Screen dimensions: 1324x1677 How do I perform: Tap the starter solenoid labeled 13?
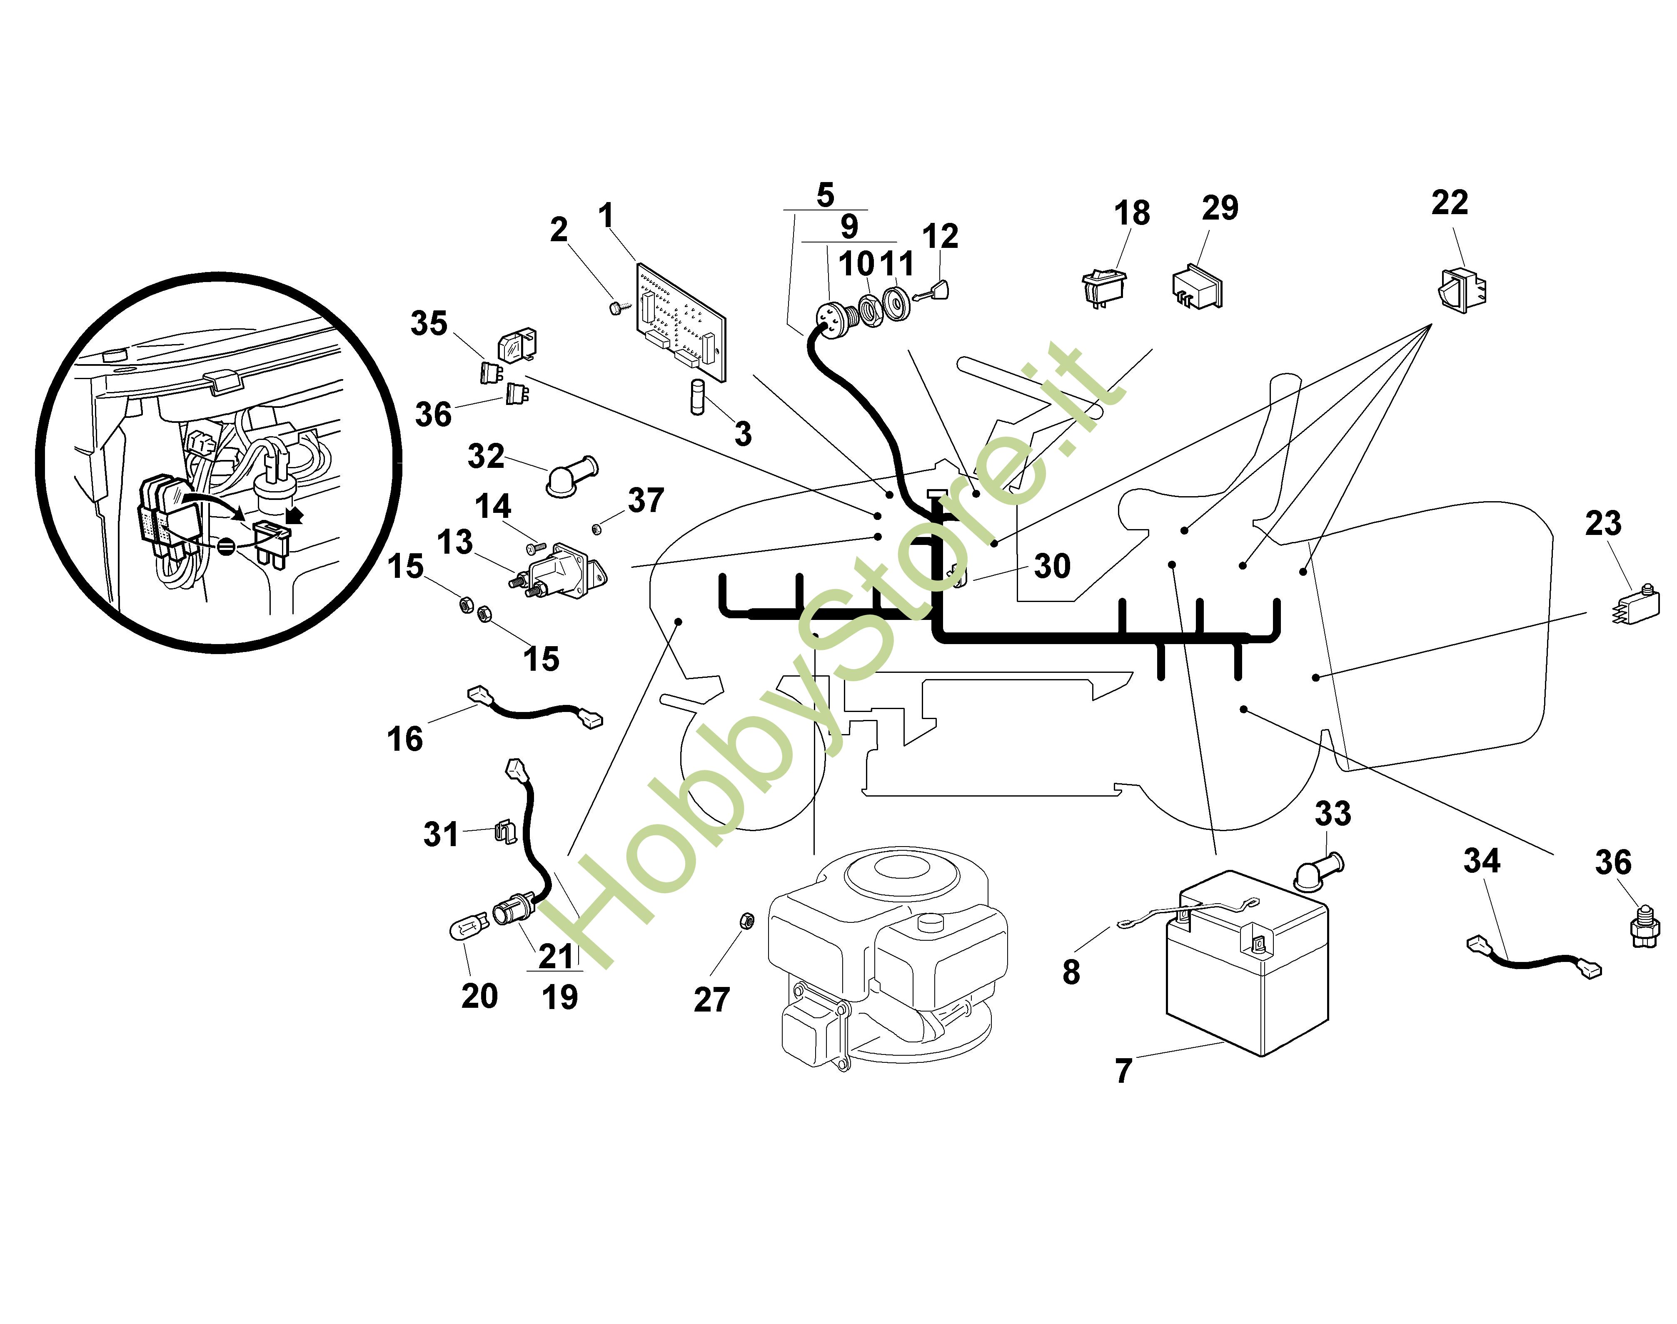point(559,572)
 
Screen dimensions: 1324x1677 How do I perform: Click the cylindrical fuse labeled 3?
point(697,397)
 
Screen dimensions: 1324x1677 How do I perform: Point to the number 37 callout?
point(646,501)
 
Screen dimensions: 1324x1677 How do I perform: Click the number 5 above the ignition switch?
point(825,195)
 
